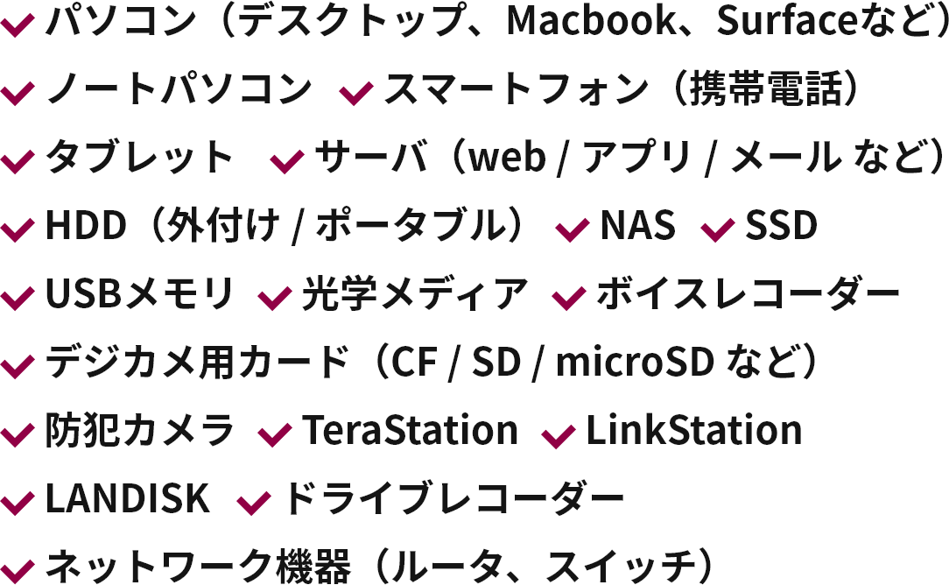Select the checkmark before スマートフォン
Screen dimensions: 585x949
point(356,92)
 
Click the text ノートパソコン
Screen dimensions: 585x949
point(179,90)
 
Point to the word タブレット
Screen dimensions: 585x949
point(139,159)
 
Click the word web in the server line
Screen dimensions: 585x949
point(507,160)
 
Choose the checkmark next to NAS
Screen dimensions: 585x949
point(573,229)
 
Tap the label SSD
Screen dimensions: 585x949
point(781,227)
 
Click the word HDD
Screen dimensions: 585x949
point(86,227)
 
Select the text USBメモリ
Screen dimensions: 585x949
point(140,295)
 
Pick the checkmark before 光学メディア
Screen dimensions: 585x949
point(275,298)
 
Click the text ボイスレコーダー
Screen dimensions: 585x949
point(748,295)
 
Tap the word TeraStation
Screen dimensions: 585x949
point(410,431)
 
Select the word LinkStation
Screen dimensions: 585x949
point(693,431)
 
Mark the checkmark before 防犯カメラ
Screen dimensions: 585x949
point(18,433)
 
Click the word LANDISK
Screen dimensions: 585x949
point(127,499)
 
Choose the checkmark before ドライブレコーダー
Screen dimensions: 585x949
point(255,503)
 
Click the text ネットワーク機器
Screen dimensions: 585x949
point(198,567)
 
